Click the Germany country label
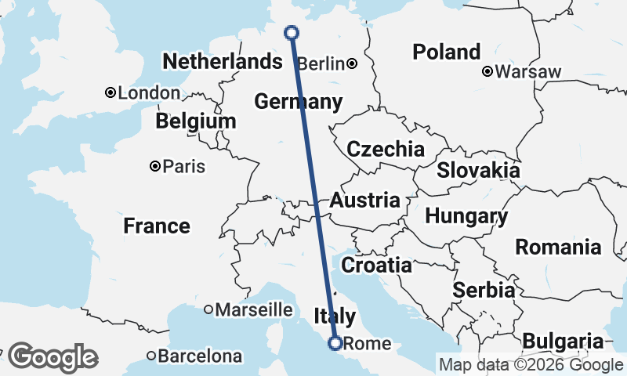(298, 102)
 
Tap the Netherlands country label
(221, 61)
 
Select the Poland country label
(447, 52)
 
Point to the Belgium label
(195, 121)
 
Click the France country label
(157, 226)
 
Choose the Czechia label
(386, 149)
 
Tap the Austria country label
(364, 200)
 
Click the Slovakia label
(478, 170)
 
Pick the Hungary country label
(466, 215)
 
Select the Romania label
(558, 248)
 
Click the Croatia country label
(376, 265)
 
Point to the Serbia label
(484, 290)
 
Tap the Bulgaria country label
(563, 341)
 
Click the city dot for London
(111, 93)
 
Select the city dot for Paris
(155, 166)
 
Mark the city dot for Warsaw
(487, 72)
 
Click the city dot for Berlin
(353, 63)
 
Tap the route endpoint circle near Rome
(335, 342)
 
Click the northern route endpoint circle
(292, 32)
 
